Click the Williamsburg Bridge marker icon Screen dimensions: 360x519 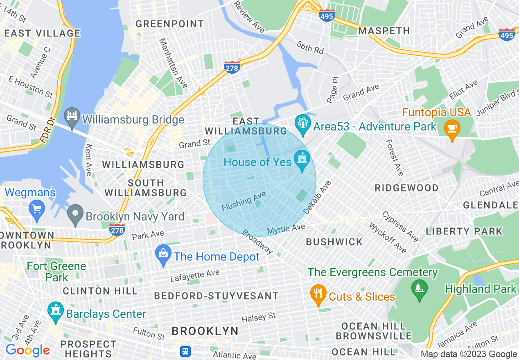(72, 120)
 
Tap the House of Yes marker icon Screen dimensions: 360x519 (302, 162)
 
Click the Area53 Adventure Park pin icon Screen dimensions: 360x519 (303, 126)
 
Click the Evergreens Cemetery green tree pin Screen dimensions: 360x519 (419, 289)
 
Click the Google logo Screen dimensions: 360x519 (27, 350)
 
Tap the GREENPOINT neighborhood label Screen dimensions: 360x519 (170, 24)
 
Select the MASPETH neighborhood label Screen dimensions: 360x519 (384, 31)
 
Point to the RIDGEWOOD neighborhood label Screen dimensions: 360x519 (407, 188)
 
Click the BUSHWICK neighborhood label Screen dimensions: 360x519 (334, 242)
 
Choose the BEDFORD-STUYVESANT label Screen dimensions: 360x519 (216, 295)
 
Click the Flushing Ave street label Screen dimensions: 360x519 (244, 202)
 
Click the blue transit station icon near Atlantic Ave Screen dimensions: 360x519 (185, 351)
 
